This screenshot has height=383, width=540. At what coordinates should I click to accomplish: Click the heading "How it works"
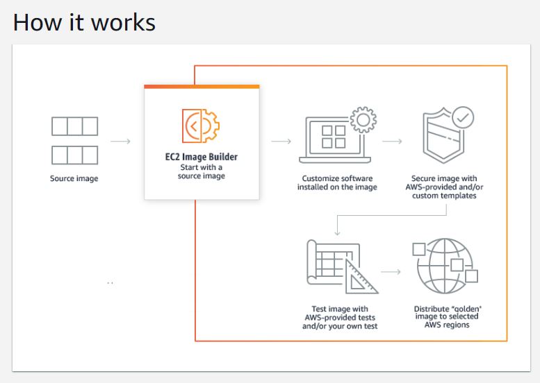[x=84, y=22]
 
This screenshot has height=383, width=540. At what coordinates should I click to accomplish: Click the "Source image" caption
[x=74, y=179]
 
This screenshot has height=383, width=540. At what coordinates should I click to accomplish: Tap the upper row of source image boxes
[x=74, y=126]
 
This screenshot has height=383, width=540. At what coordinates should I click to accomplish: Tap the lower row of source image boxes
[x=74, y=153]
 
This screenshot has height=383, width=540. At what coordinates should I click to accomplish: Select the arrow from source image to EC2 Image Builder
[x=120, y=142]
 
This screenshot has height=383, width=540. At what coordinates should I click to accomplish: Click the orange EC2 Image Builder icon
[x=200, y=126]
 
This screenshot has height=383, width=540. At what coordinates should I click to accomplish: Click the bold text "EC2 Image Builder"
[x=202, y=157]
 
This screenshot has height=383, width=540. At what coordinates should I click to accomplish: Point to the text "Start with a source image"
[x=202, y=171]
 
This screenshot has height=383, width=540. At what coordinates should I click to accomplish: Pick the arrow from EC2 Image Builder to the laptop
[x=281, y=142]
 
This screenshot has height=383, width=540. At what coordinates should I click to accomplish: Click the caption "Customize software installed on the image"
[x=337, y=182]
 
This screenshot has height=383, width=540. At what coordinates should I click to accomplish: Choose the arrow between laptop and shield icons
[x=392, y=142]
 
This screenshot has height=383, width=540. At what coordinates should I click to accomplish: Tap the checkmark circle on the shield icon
[x=462, y=118]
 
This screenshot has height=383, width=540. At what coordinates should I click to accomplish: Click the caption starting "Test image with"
[x=340, y=317]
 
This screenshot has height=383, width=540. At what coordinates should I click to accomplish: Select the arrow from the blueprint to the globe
[x=391, y=271]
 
